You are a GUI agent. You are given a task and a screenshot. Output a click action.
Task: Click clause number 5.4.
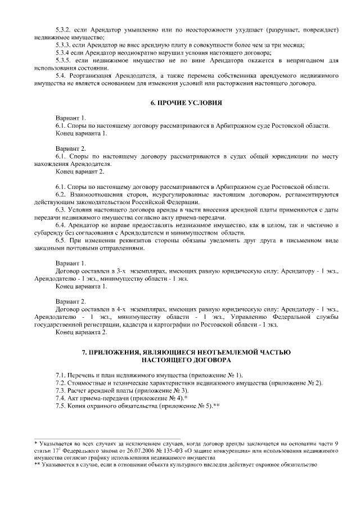pos(61,75)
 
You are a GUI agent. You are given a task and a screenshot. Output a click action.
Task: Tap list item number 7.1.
pos(61,375)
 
